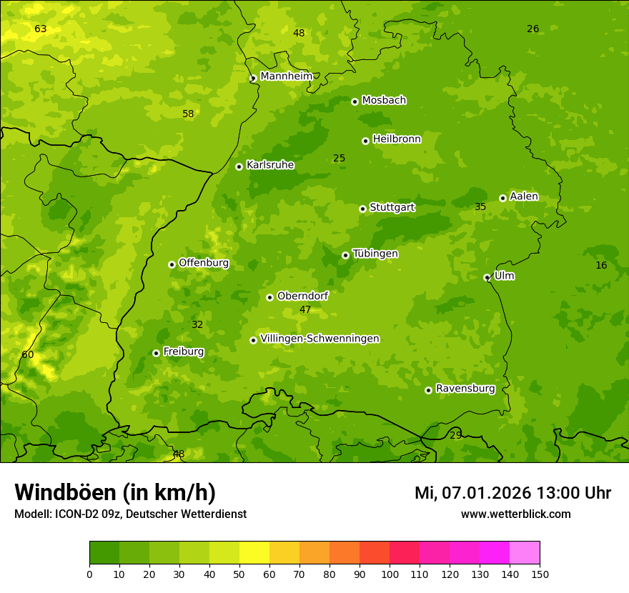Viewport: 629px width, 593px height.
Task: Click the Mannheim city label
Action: pyautogui.click(x=286, y=76)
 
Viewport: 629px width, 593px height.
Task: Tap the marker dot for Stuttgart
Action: pyautogui.click(x=362, y=209)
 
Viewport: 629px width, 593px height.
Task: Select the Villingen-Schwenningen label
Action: pyautogui.click(x=320, y=339)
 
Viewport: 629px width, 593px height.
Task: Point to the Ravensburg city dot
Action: pyautogui.click(x=428, y=390)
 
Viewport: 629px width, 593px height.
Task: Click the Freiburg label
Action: pyautogui.click(x=183, y=352)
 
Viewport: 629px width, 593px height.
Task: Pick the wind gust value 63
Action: pyautogui.click(x=41, y=29)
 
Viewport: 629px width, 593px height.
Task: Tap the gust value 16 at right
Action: pyautogui.click(x=601, y=265)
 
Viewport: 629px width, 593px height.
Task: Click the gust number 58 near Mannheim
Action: pyautogui.click(x=188, y=114)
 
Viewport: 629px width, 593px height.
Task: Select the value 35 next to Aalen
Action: pyautogui.click(x=480, y=206)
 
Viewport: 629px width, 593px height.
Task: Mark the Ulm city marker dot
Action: pyautogui.click(x=487, y=277)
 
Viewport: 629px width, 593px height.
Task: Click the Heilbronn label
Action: pyautogui.click(x=397, y=139)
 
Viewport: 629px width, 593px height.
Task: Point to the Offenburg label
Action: pyautogui.click(x=204, y=263)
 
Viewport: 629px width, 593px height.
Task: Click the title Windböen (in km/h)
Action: pyautogui.click(x=115, y=492)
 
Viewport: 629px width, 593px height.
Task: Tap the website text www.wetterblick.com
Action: pyautogui.click(x=515, y=514)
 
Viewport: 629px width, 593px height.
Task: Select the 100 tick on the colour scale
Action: pyautogui.click(x=390, y=574)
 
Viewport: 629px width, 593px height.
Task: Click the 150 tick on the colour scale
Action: pyautogui.click(x=540, y=574)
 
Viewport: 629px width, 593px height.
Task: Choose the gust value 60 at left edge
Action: pyautogui.click(x=28, y=354)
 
